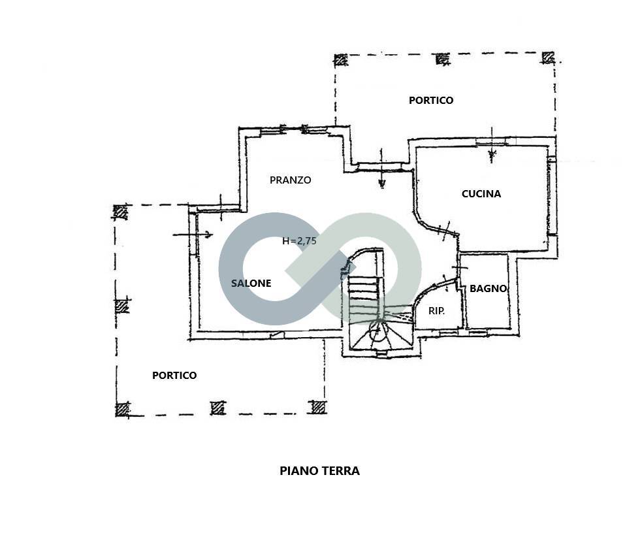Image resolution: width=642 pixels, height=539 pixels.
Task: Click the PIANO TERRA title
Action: point(319,470)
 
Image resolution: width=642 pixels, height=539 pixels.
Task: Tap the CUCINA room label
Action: point(481,194)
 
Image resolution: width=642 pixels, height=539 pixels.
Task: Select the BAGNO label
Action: point(488,288)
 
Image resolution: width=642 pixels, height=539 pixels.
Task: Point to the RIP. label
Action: point(436,311)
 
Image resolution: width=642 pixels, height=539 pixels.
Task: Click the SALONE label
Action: point(251,283)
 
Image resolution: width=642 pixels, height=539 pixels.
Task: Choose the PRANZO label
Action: point(290,180)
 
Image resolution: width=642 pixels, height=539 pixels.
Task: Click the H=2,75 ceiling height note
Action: point(299,241)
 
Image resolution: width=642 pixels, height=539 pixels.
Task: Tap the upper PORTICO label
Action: point(431,101)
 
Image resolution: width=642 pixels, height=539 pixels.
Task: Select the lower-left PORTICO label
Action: point(174,375)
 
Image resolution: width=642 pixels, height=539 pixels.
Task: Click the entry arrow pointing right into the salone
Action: point(193,235)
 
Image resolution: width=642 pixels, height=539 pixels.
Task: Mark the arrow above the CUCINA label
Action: point(492,146)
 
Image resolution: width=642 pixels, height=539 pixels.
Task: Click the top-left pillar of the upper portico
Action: point(341,60)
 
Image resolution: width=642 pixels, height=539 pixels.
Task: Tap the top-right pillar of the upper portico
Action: point(549,57)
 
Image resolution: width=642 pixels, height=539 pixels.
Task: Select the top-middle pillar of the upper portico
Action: point(442,59)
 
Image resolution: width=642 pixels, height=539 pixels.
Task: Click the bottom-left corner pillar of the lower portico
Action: point(122,409)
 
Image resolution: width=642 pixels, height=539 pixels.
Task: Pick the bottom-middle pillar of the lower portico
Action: point(218,408)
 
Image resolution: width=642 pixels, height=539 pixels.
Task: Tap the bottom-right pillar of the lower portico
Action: point(319,407)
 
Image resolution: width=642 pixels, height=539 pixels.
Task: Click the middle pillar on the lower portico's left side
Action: point(121,306)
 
